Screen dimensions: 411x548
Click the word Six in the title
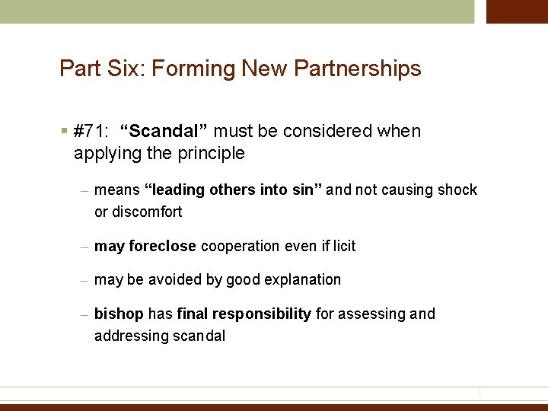(x=129, y=69)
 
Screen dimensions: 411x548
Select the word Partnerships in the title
(x=357, y=69)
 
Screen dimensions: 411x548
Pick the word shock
(x=457, y=190)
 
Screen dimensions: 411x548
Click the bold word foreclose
(x=163, y=246)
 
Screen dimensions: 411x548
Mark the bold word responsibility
(x=262, y=314)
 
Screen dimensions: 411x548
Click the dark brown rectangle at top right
(x=517, y=11)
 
